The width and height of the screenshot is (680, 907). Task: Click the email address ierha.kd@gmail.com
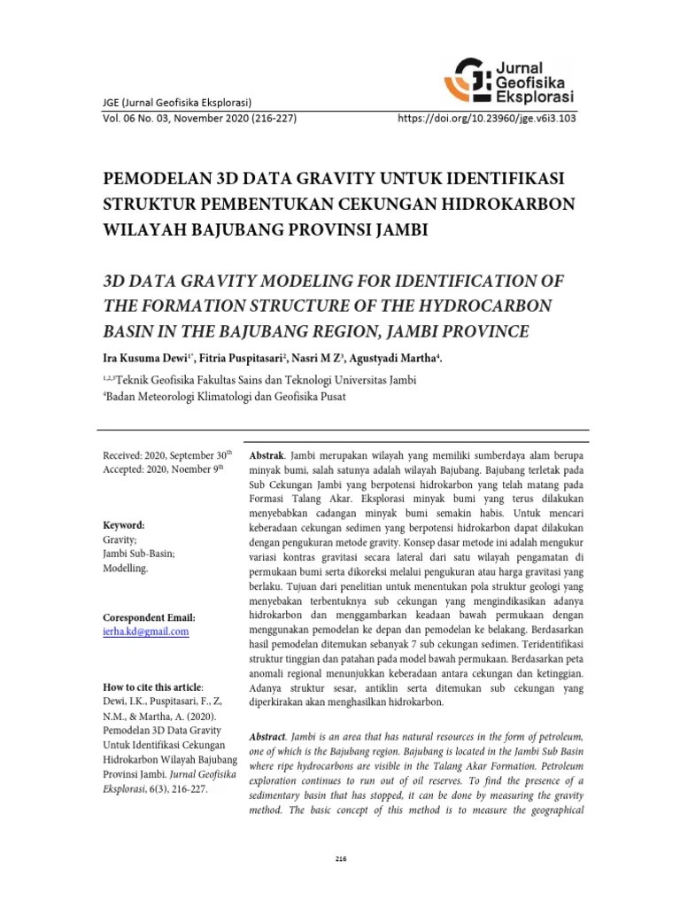pyautogui.click(x=146, y=632)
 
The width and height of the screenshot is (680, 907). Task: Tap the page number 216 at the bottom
pyautogui.click(x=340, y=858)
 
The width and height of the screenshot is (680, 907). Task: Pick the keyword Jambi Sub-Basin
pyautogui.click(x=139, y=553)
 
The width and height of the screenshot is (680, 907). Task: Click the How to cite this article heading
pyautogui.click(x=153, y=687)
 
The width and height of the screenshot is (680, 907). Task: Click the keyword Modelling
pyautogui.click(x=127, y=568)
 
